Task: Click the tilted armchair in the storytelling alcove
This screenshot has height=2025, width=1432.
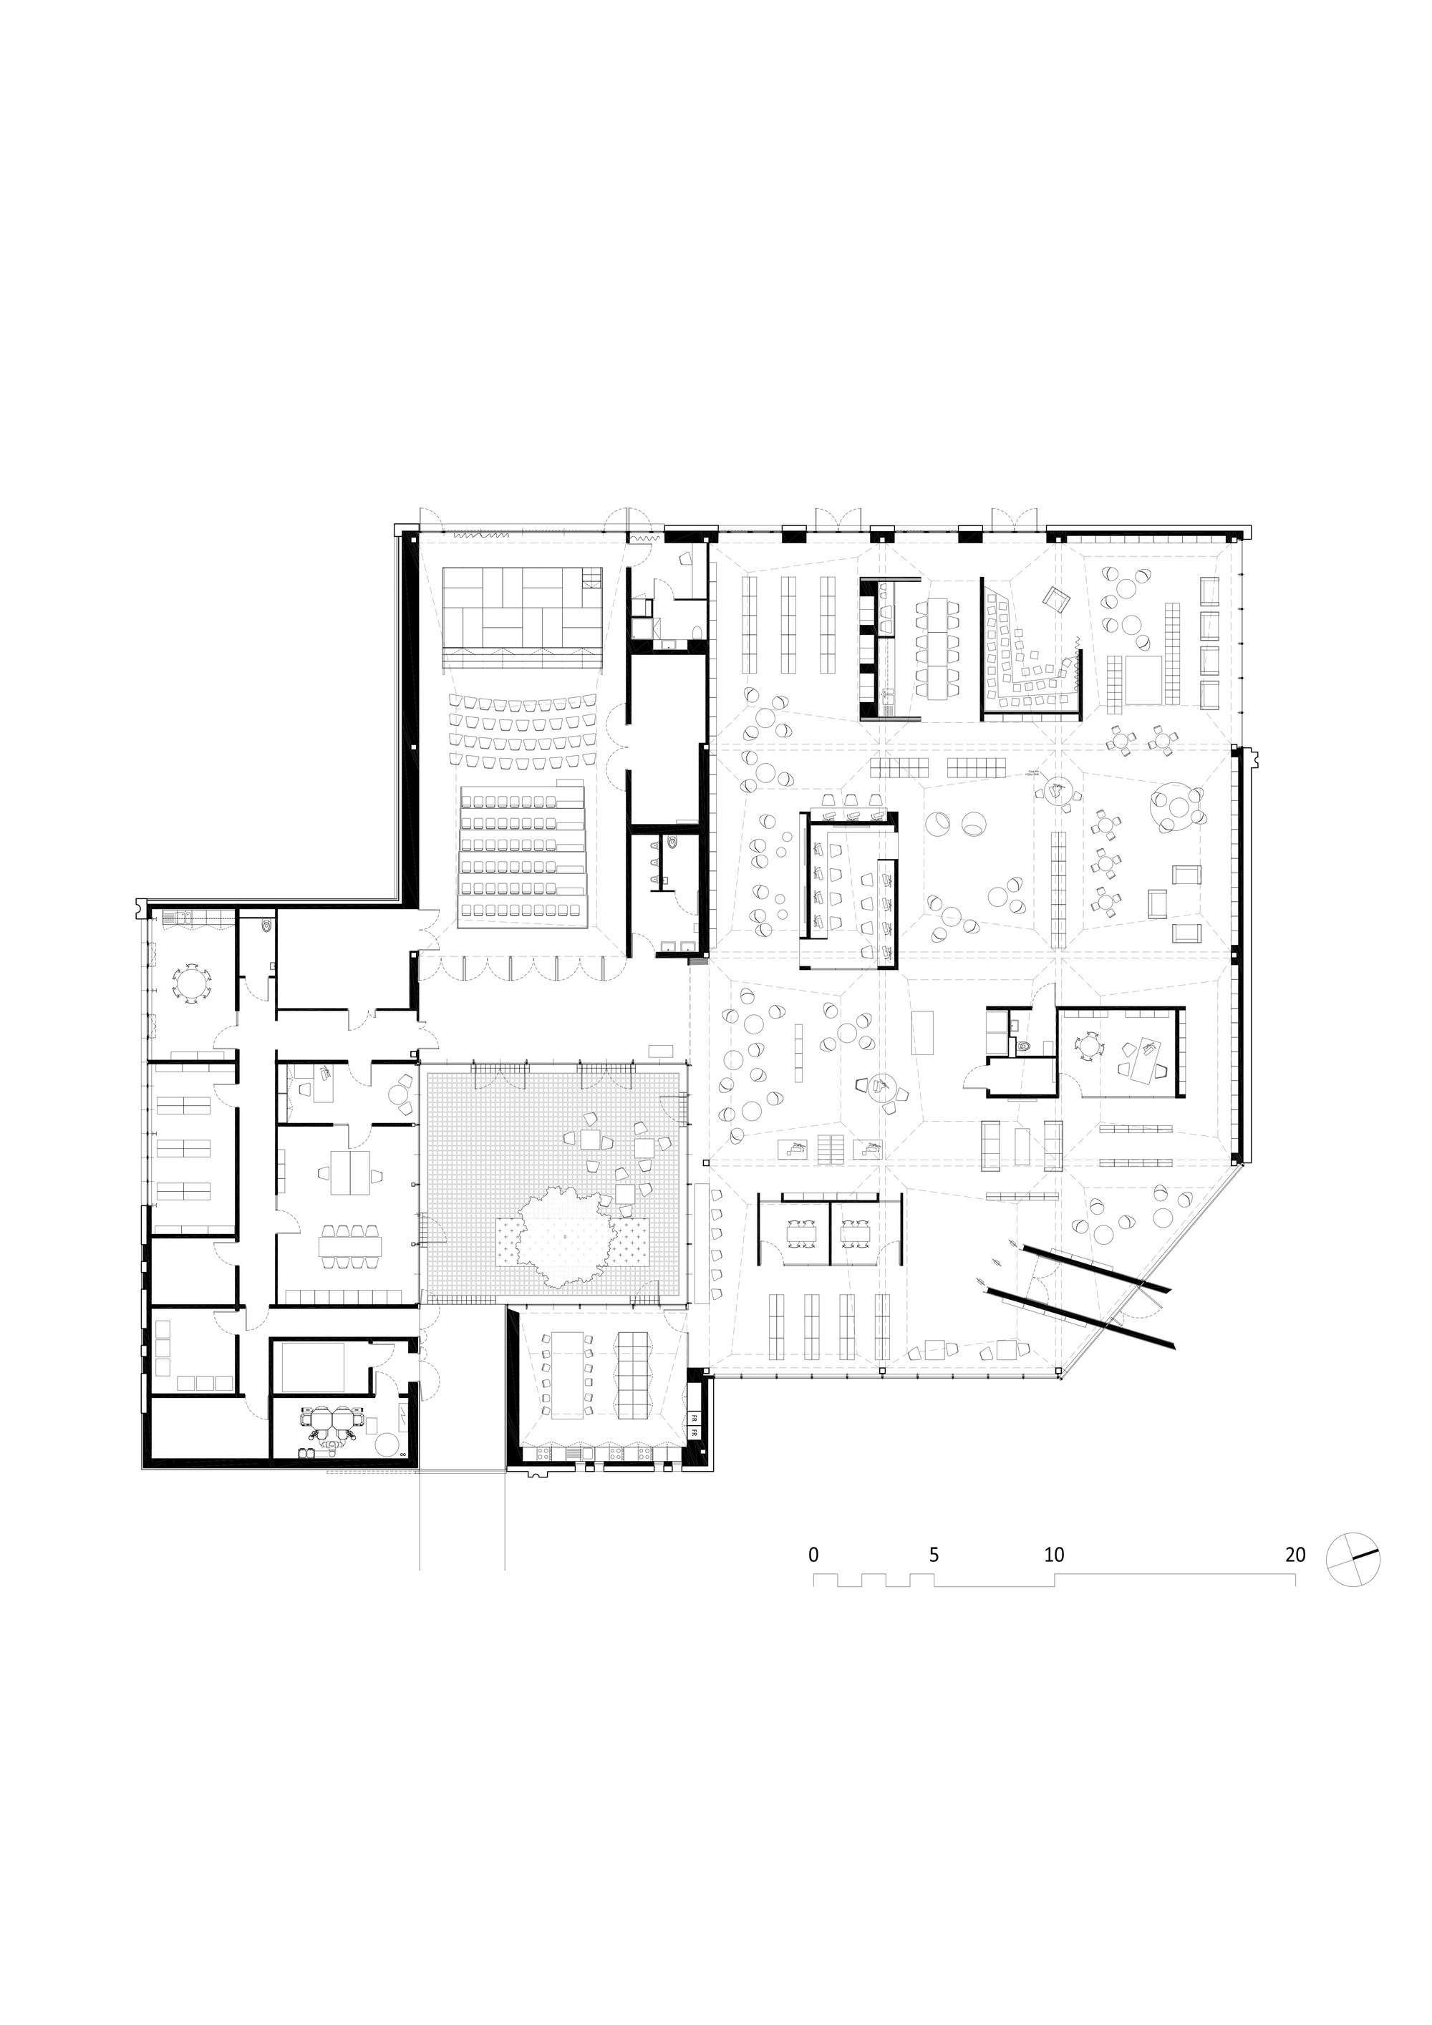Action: tap(1055, 601)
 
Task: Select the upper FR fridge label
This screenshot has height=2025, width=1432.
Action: tap(695, 1418)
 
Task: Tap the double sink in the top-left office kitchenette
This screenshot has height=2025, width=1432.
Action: tap(185, 917)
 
